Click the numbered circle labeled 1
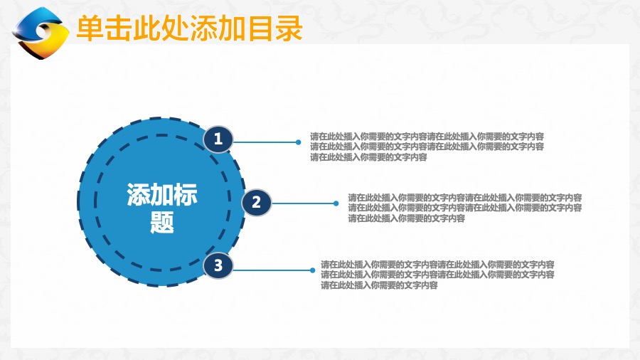(x=218, y=139)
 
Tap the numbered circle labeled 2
(x=256, y=202)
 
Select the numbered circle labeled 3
(x=218, y=265)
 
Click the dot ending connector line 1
(x=299, y=142)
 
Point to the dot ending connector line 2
(x=336, y=203)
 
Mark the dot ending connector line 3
(x=312, y=270)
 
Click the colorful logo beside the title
(x=41, y=33)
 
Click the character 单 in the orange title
(x=90, y=28)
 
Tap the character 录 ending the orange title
(x=289, y=28)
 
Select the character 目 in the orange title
(x=260, y=28)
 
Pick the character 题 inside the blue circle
(x=162, y=223)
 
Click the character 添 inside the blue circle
(x=139, y=194)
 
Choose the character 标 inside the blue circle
(x=186, y=194)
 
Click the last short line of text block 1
(x=368, y=157)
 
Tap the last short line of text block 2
(x=407, y=218)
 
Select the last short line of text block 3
(x=379, y=285)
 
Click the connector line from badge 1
(x=265, y=142)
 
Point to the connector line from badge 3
(x=272, y=270)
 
